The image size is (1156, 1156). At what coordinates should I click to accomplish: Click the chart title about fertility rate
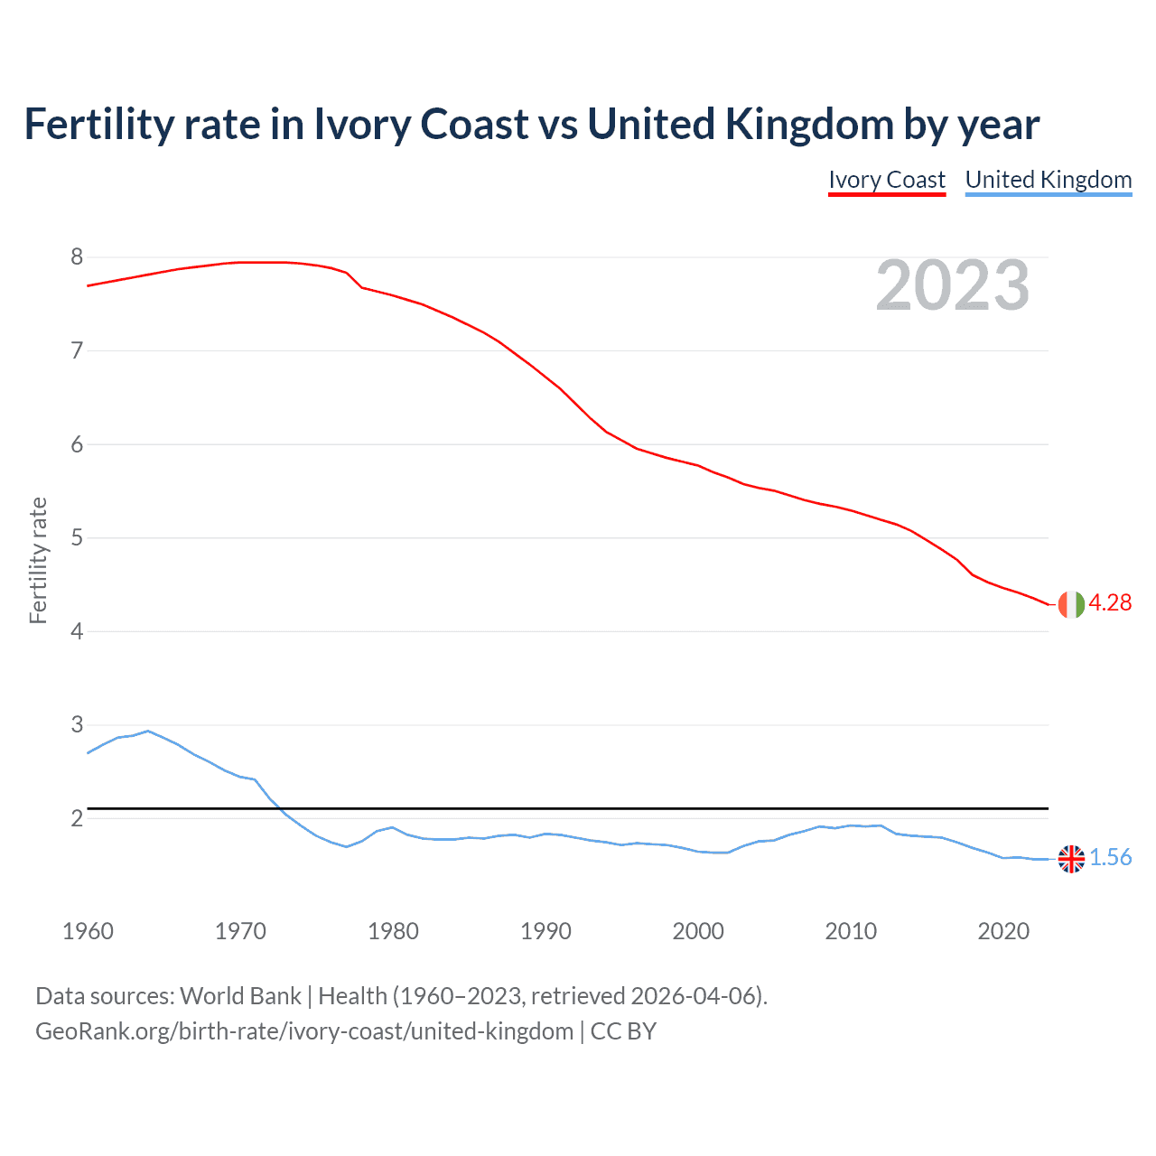pyautogui.click(x=531, y=125)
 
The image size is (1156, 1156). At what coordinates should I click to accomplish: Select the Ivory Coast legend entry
pyautogui.click(x=887, y=180)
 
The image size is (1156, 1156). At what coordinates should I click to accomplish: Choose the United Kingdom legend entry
pyautogui.click(x=1048, y=180)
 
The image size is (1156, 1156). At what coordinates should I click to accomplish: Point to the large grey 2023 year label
pyautogui.click(x=952, y=285)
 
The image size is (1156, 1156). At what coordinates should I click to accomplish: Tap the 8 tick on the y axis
pyautogui.click(x=77, y=257)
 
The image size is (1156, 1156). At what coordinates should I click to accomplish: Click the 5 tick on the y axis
pyautogui.click(x=77, y=538)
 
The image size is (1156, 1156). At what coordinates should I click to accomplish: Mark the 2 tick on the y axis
pyautogui.click(x=77, y=819)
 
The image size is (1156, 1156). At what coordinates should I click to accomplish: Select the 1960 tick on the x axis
pyautogui.click(x=88, y=931)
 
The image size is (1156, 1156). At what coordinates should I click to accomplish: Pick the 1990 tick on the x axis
pyautogui.click(x=545, y=931)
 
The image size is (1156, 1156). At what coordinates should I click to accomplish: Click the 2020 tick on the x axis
pyautogui.click(x=1003, y=931)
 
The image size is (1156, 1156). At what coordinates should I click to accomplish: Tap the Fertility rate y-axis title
pyautogui.click(x=38, y=560)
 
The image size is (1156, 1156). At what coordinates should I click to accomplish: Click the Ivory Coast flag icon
pyautogui.click(x=1071, y=604)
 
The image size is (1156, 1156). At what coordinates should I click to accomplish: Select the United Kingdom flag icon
pyautogui.click(x=1071, y=859)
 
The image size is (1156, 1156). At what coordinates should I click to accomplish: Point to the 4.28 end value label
pyautogui.click(x=1110, y=603)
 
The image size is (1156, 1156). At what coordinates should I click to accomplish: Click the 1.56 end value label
pyautogui.click(x=1110, y=858)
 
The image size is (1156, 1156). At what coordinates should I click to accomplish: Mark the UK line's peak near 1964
pyautogui.click(x=148, y=731)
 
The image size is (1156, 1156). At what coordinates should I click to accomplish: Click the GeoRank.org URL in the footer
pyautogui.click(x=304, y=1031)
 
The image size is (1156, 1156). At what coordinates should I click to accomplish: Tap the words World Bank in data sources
pyautogui.click(x=240, y=996)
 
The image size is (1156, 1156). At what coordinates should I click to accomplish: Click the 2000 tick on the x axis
pyautogui.click(x=698, y=931)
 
